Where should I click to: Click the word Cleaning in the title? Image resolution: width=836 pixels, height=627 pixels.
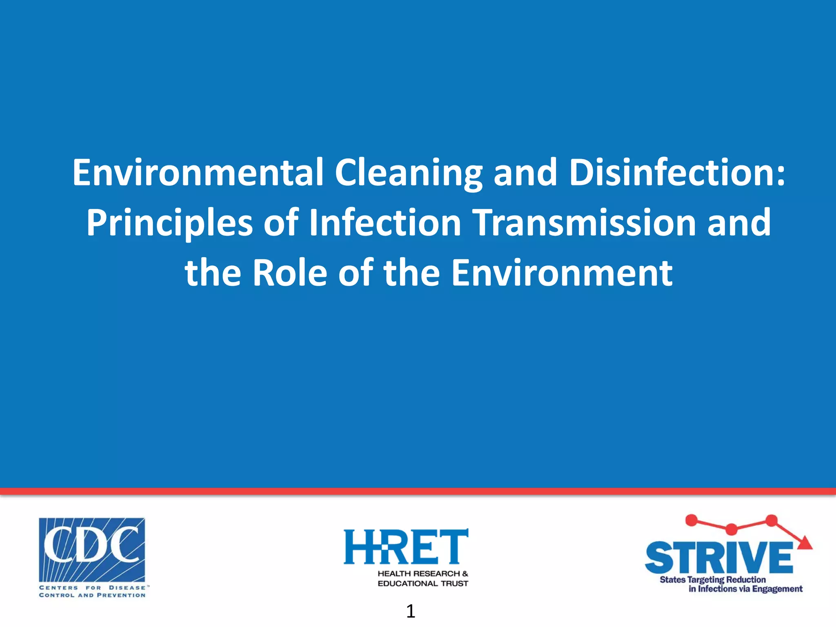pyautogui.click(x=408, y=173)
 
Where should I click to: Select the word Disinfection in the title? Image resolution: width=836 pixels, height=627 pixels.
pyautogui.click(x=677, y=173)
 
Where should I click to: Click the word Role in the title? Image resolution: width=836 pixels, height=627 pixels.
pyautogui.click(x=289, y=273)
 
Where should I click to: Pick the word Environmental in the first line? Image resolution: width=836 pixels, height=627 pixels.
pyautogui.click(x=198, y=173)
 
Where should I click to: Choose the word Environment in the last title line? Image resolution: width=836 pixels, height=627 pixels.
pyautogui.click(x=562, y=273)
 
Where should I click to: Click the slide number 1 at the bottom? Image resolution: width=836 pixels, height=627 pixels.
pyautogui.click(x=411, y=611)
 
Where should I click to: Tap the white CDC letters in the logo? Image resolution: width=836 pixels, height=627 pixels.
pyautogui.click(x=91, y=545)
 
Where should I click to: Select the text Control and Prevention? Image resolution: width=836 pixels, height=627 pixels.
pyautogui.click(x=92, y=595)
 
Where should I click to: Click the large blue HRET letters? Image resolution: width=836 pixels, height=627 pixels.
pyautogui.click(x=406, y=547)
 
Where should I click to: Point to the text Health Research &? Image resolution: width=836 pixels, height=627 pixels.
pyautogui.click(x=423, y=574)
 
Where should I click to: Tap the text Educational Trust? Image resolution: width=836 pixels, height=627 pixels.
pyautogui.click(x=423, y=584)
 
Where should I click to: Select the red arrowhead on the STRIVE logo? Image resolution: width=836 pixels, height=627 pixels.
pyautogui.click(x=805, y=543)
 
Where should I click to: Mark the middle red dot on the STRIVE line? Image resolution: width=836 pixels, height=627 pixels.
pyautogui.click(x=731, y=529)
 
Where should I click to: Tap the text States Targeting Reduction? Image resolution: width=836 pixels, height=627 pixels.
pyautogui.click(x=713, y=580)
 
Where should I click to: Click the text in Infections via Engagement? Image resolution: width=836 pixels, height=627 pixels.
pyautogui.click(x=745, y=589)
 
